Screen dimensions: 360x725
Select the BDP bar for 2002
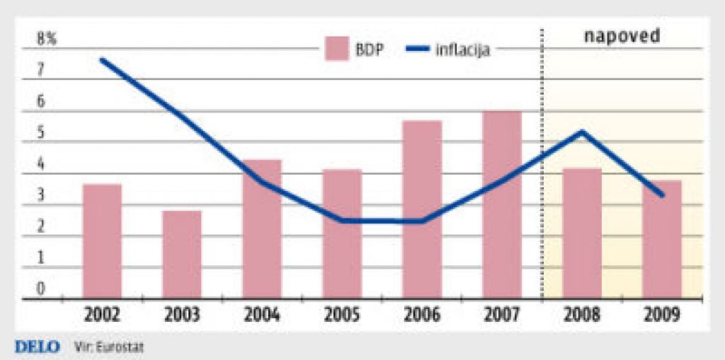coord(102,240)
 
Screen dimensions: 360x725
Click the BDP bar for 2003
coord(182,255)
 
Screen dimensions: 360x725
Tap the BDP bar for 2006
coord(422,209)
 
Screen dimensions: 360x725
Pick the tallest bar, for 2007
coord(502,204)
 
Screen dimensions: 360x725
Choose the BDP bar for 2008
coord(582,233)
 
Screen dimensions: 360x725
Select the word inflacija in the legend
coord(464,50)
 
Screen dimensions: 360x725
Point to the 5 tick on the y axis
coord(41,133)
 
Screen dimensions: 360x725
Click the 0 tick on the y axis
coord(41,289)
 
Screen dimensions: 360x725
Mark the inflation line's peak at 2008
coord(581,132)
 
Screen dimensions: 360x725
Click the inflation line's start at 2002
coord(103,60)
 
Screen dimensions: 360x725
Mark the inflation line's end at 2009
coord(662,195)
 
